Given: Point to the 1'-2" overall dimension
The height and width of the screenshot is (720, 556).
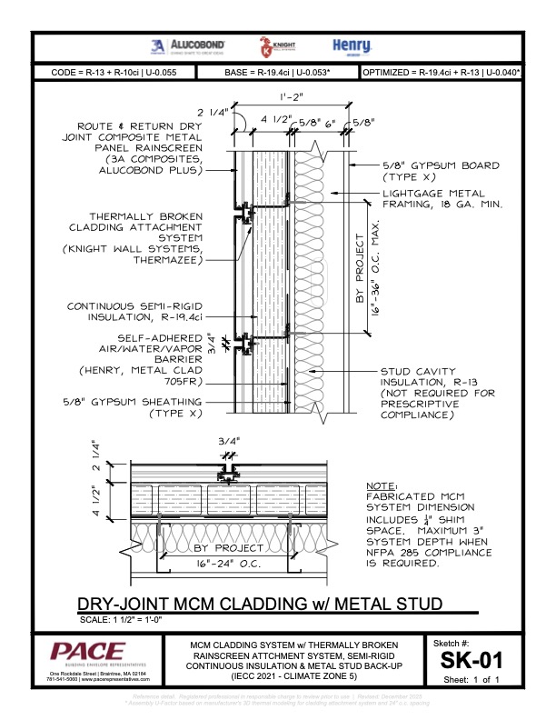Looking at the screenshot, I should [293, 95].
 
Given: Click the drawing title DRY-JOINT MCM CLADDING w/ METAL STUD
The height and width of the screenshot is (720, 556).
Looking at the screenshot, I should [259, 604].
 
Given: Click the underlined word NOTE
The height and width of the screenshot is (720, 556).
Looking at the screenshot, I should [381, 486].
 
